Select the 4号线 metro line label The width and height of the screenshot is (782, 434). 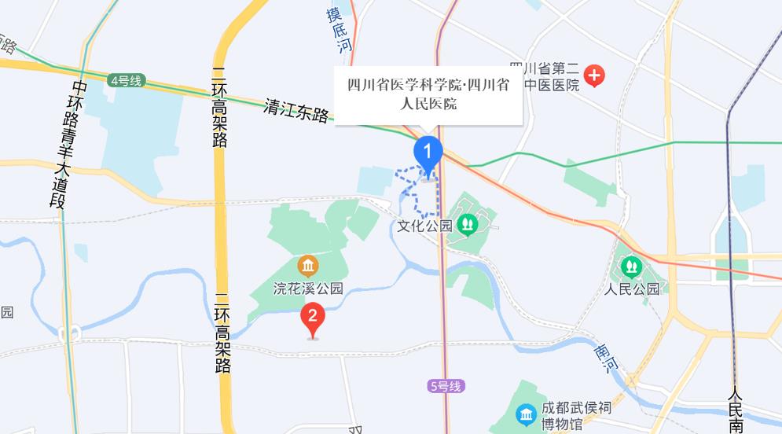126,80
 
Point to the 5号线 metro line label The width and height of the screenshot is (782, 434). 447,386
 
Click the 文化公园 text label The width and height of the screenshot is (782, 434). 425,226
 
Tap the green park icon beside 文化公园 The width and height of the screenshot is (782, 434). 468,225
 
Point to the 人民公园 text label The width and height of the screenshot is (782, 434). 633,289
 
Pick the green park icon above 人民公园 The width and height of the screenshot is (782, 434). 632,265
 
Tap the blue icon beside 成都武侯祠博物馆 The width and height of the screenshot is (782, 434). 525,414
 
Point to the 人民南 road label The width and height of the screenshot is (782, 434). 736,409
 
